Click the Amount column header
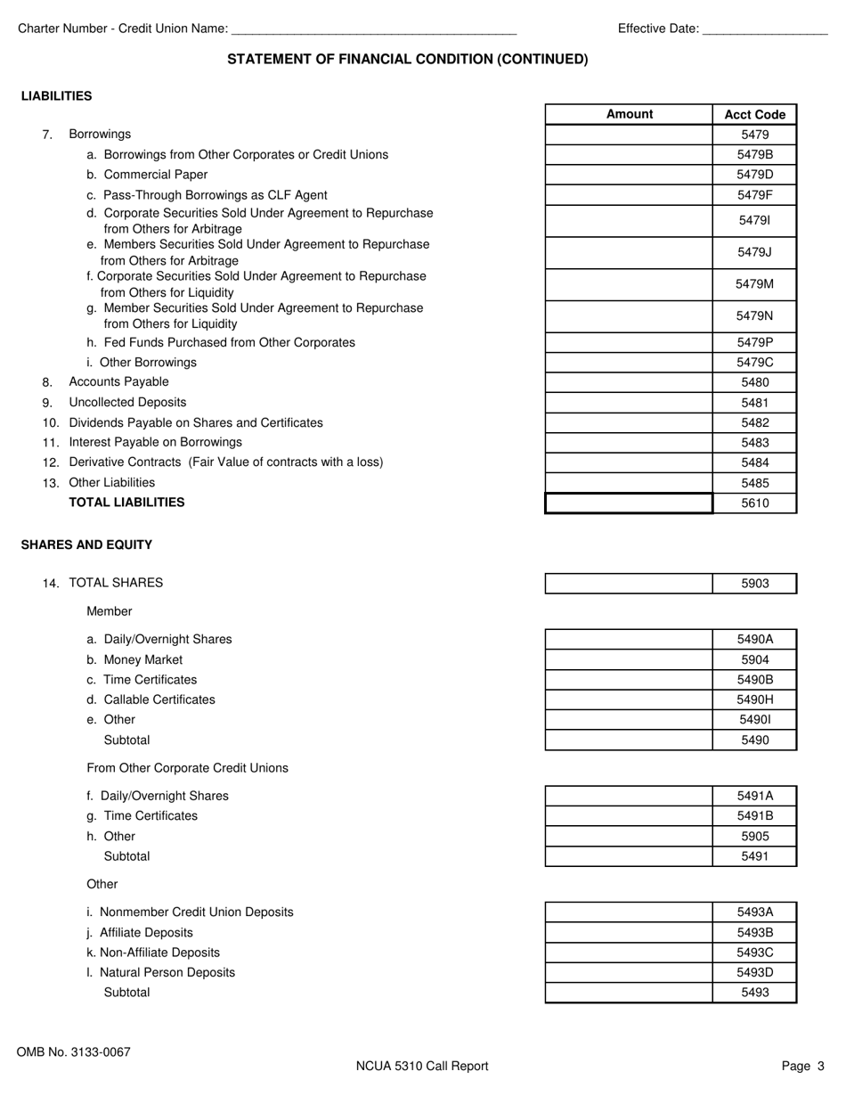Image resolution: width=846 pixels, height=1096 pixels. [x=629, y=114]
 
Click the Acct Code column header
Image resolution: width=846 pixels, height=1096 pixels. [x=754, y=114]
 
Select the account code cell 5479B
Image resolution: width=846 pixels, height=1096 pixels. [x=754, y=154]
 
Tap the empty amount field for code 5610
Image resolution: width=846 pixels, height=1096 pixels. [x=629, y=503]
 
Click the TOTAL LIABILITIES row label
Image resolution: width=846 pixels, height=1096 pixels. [x=126, y=503]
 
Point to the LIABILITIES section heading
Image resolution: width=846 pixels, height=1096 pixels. [x=56, y=96]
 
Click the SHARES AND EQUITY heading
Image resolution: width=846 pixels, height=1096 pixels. [x=86, y=545]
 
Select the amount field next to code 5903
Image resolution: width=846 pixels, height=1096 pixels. [x=629, y=584]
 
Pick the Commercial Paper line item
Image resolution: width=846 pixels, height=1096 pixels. [x=155, y=175]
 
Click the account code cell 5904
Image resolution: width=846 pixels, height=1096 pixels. [x=754, y=660]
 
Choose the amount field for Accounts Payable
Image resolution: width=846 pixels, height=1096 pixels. [x=629, y=382]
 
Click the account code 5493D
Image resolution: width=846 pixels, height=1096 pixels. [x=754, y=972]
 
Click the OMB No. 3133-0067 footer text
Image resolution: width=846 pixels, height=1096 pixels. [x=73, y=1052]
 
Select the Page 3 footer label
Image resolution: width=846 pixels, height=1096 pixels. [x=803, y=1066]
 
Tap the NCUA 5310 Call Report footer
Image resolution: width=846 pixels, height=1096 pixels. [x=422, y=1066]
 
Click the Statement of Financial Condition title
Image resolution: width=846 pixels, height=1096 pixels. [x=408, y=60]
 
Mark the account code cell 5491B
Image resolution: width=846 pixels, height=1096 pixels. [x=754, y=816]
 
